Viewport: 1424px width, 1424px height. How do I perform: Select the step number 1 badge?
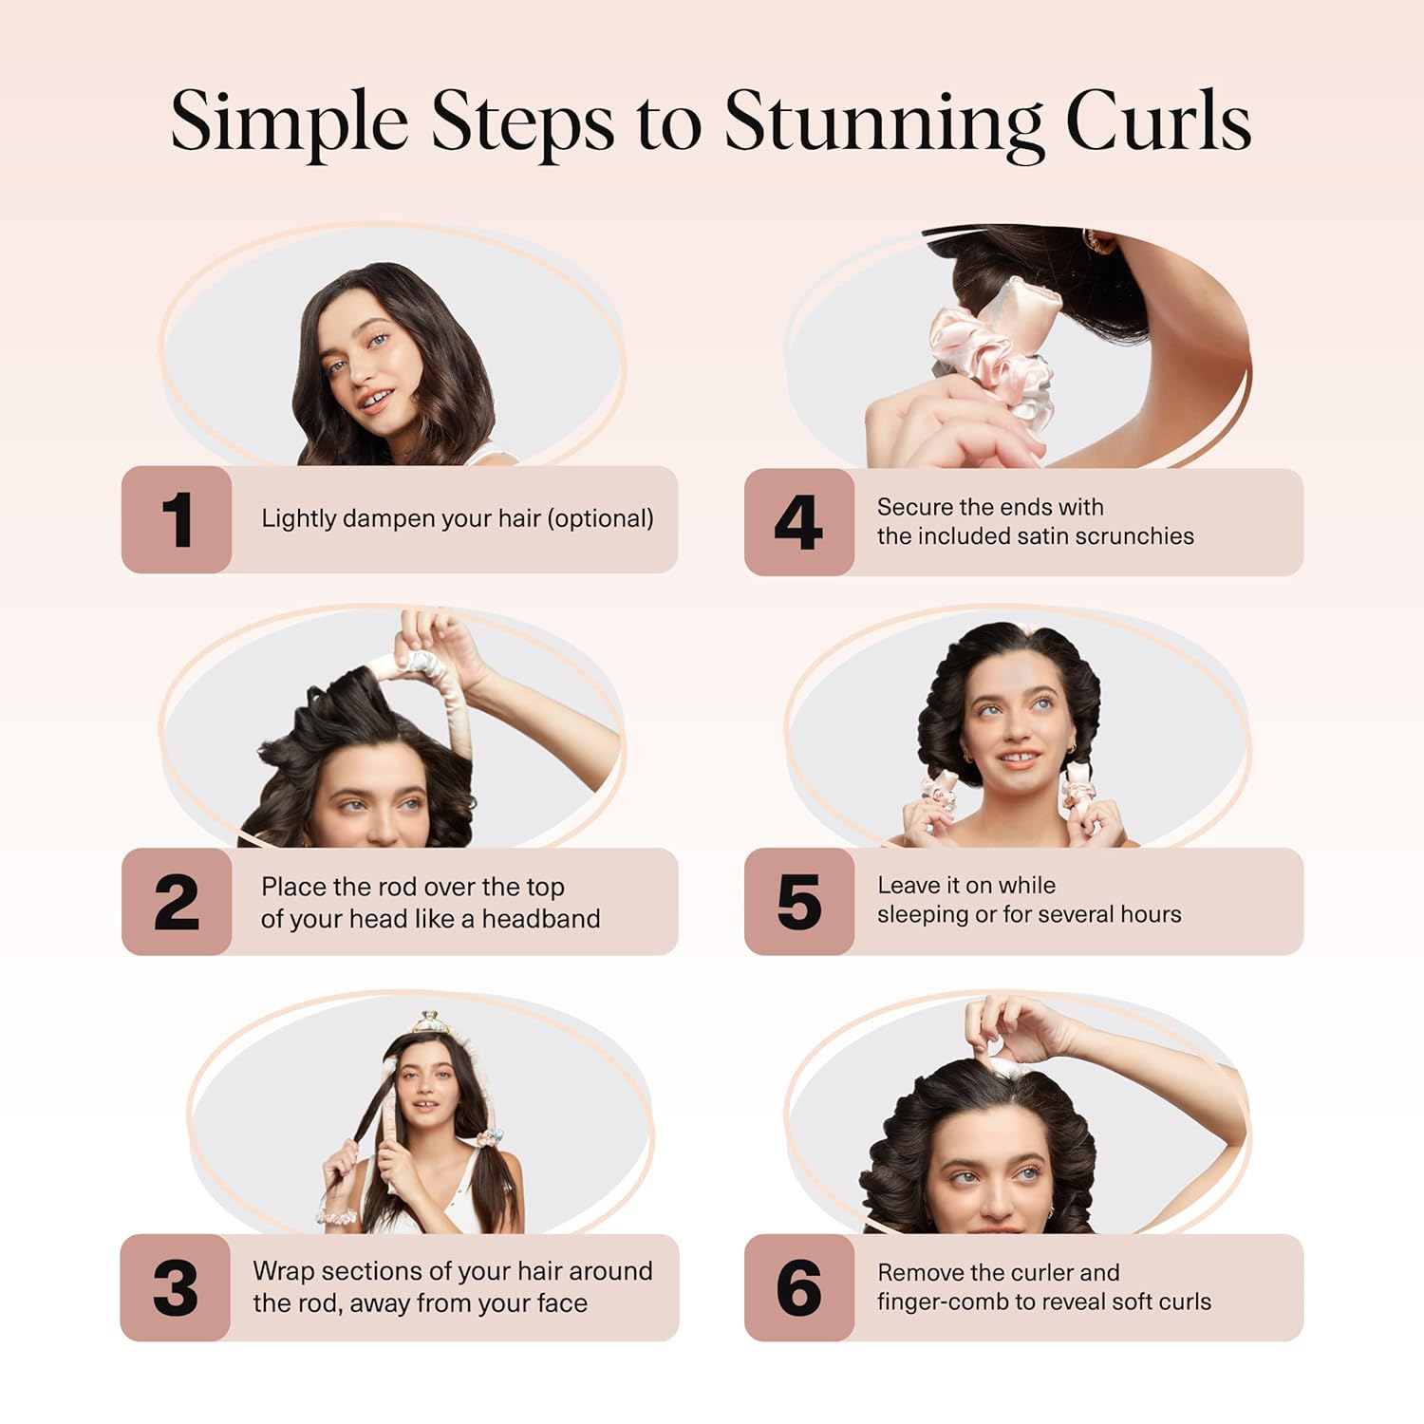pos(177,519)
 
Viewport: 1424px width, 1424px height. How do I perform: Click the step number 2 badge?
pos(177,902)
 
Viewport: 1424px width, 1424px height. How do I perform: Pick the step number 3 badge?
pos(176,1288)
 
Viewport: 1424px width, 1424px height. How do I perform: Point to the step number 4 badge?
pos(798,522)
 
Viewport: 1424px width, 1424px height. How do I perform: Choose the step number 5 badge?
pos(798,902)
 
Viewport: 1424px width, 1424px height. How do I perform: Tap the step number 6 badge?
pos(798,1288)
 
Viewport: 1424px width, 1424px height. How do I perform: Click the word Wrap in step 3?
pos(283,1271)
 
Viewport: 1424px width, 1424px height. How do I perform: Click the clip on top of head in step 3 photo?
pos(430,1021)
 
